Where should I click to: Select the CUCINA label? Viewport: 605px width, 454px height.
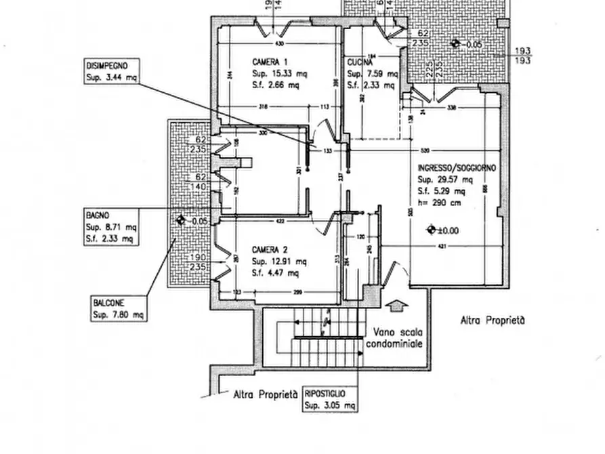359,62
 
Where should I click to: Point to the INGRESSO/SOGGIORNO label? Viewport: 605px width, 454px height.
457,167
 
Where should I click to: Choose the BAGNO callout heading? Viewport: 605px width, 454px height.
98,214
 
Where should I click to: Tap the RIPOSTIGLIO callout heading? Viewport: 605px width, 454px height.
326,394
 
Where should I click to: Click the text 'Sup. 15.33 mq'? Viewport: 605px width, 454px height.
275,73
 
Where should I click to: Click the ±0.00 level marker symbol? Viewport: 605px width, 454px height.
430,230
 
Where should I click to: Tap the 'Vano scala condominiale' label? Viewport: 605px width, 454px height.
396,338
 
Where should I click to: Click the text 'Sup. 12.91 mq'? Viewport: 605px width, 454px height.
279,262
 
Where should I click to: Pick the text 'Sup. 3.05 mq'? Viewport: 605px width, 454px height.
330,405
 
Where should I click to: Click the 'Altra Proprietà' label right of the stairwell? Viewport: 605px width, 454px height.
492,321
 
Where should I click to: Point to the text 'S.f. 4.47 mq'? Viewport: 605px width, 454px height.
275,273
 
